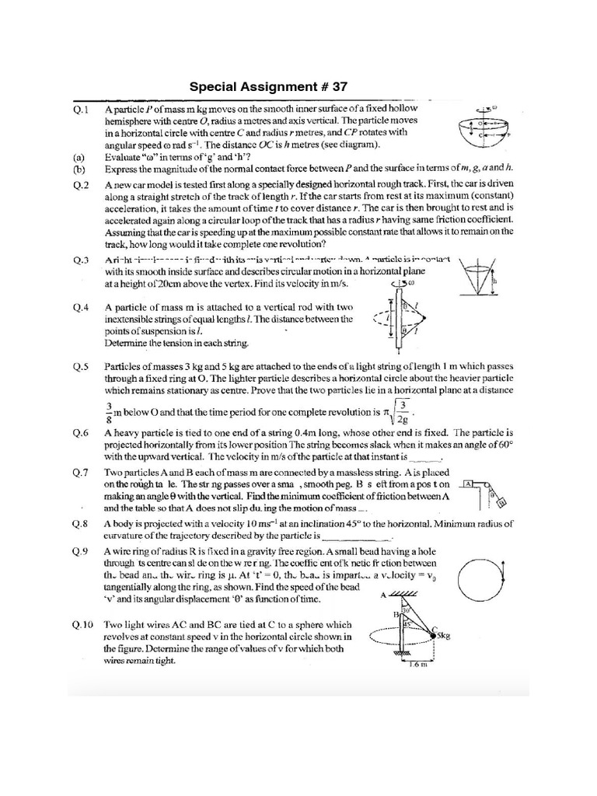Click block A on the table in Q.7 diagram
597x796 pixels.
pyautogui.click(x=468, y=484)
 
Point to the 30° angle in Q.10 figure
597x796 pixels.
pyautogui.click(x=406, y=610)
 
